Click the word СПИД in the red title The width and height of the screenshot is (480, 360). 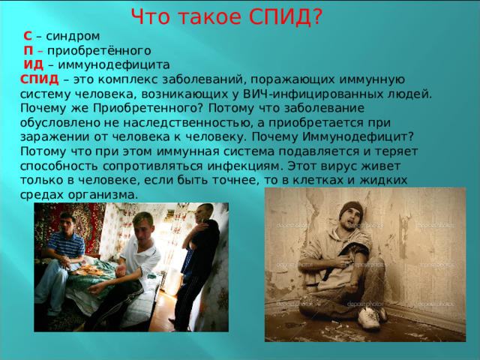pos(280,16)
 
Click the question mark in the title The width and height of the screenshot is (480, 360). pos(318,16)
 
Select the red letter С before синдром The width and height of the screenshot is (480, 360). pos(28,36)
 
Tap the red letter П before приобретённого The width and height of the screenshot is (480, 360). pos(28,50)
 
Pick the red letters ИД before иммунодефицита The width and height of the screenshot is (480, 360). pos(34,65)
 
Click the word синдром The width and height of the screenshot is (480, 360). pos(73,37)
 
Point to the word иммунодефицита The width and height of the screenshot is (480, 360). pos(114,65)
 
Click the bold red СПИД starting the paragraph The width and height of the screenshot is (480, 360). pos(40,79)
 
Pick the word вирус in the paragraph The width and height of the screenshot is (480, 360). pos(340,166)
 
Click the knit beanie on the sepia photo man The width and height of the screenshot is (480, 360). pos(351,209)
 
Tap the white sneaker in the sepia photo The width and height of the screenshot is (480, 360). pos(369,318)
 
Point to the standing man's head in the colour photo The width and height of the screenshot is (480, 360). pos(204,212)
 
